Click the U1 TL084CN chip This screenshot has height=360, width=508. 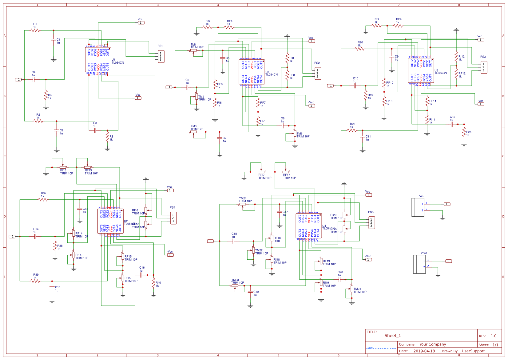(98, 60)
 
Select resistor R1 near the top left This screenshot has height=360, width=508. (35, 30)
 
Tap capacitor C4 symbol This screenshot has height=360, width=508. (34, 79)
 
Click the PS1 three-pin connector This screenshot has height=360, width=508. (161, 57)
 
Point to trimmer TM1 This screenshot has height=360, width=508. (193, 50)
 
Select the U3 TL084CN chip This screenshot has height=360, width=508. (252, 72)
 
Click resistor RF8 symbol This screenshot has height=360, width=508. (287, 75)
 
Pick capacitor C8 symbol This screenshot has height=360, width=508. (283, 126)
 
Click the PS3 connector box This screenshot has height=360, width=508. (484, 67)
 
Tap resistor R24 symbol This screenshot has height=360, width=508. (464, 132)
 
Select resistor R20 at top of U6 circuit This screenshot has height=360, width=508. (360, 49)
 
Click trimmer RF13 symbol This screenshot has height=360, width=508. (88, 167)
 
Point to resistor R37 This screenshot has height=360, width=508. (43, 199)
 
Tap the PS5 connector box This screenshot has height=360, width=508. (371, 223)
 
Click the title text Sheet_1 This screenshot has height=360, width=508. (392, 336)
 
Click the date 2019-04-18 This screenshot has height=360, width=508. (424, 351)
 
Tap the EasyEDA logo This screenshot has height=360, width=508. (381, 348)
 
